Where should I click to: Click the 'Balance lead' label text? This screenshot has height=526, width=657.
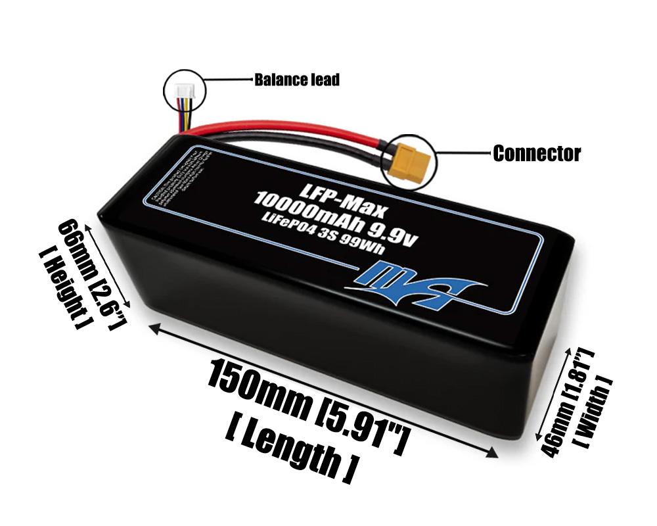(297, 80)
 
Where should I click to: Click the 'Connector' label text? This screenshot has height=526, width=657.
(537, 154)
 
